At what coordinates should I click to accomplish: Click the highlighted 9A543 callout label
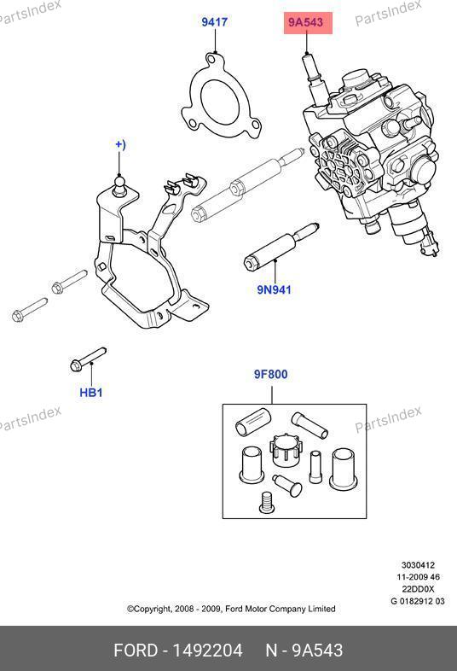tap(308, 23)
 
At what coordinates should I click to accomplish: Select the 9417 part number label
tap(215, 22)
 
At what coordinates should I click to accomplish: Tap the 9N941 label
tap(274, 289)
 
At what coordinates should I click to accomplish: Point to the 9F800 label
tap(271, 375)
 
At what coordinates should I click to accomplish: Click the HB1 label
tap(91, 393)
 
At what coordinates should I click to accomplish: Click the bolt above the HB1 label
tap(88, 359)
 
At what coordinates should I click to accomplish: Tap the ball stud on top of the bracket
tap(119, 186)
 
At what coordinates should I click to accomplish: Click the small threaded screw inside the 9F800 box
tap(266, 501)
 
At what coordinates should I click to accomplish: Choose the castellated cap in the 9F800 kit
tap(286, 451)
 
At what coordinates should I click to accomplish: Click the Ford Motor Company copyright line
tap(231, 609)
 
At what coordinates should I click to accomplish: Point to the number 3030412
tap(418, 565)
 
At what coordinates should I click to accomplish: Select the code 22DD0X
tap(418, 589)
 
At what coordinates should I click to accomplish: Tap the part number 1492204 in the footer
tap(207, 651)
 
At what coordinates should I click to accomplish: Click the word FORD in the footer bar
tap(136, 651)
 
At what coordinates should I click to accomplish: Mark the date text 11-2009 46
tap(418, 577)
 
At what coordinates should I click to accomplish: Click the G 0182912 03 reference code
tap(418, 601)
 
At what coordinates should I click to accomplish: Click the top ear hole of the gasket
tap(211, 58)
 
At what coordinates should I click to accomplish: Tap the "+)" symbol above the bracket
tap(120, 144)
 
